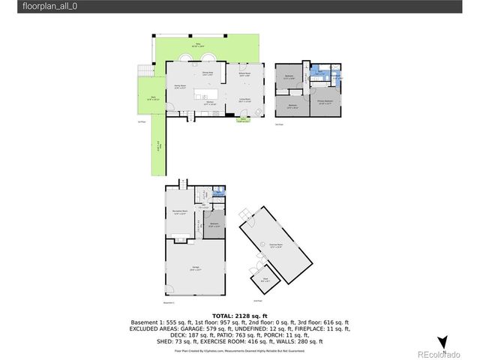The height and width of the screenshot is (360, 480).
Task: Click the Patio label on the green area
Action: click(x=200, y=46)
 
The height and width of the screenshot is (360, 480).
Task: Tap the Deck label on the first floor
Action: click(x=152, y=98)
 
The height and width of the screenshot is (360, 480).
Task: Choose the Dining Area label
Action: click(x=208, y=73)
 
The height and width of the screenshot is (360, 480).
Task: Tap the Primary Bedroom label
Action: click(x=325, y=101)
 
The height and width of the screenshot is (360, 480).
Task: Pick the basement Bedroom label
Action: click(x=214, y=224)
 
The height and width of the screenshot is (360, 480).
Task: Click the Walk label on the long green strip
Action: click(x=159, y=149)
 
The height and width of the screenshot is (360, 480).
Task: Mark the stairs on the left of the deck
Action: click(x=141, y=73)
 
